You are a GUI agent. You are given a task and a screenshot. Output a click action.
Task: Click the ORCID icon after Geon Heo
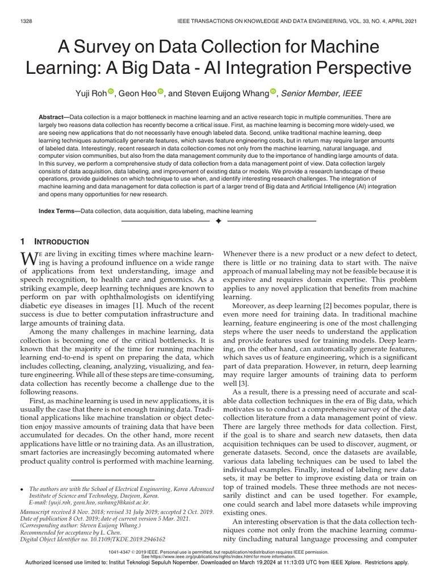[160, 92]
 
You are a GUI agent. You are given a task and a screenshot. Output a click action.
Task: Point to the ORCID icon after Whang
[273, 92]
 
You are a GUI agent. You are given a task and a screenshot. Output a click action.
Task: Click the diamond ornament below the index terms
[217, 221]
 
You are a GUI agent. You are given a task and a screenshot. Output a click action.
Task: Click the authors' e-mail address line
[94, 502]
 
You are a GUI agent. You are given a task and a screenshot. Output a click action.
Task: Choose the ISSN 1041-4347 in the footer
[127, 551]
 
